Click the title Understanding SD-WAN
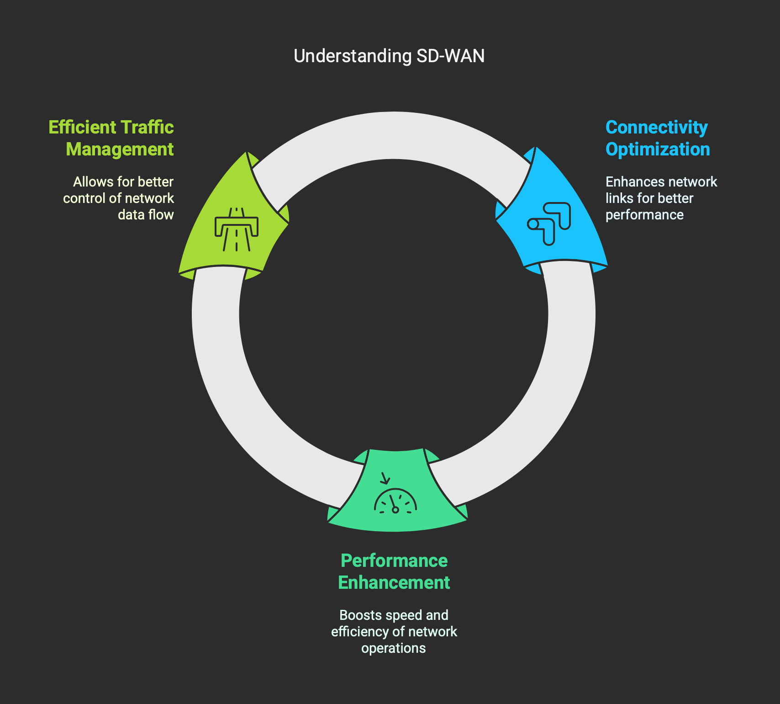pos(389,56)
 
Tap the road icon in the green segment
pos(237,229)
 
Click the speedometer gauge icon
pos(395,502)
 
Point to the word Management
pos(120,149)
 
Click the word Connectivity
pos(656,128)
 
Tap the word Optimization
pos(658,149)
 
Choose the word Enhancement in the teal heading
pos(394,583)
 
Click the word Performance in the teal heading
pos(394,561)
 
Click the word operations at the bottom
pos(394,648)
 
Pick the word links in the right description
pos(617,198)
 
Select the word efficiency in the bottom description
pos(360,632)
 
